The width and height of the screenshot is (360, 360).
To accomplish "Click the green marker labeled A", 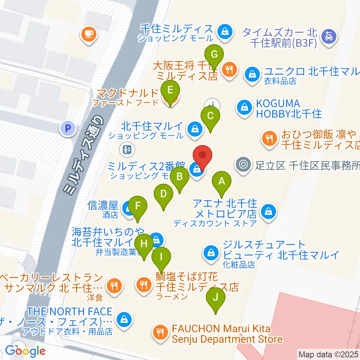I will click(222, 182).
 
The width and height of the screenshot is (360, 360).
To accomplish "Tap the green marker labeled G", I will click(214, 55).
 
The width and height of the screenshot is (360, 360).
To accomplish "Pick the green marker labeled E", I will click(170, 90).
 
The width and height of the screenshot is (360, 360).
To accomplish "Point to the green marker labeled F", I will click(138, 206).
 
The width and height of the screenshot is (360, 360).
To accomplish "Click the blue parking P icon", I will click(67, 129).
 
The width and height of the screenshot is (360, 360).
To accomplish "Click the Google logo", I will click(25, 351).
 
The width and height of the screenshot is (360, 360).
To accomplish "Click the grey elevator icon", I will click(126, 150).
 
